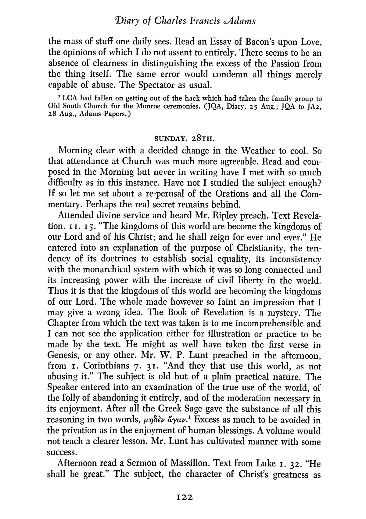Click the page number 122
[183, 497]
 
